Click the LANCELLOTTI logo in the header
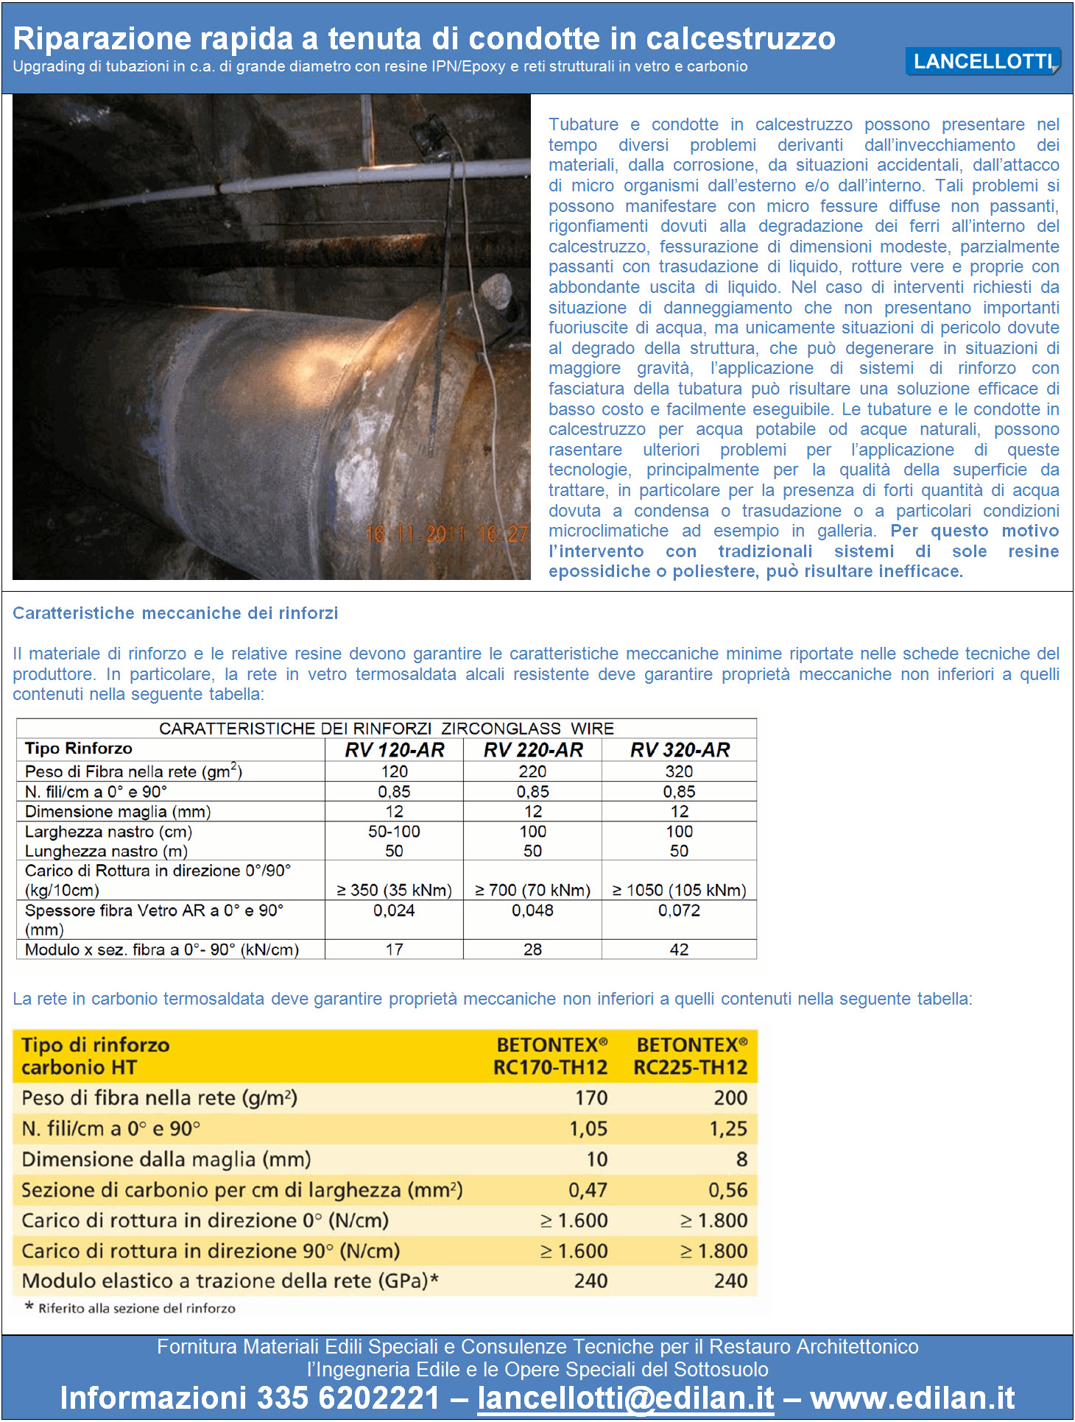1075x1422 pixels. [982, 62]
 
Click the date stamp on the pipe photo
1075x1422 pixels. [446, 534]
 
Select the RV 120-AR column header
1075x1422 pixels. [394, 750]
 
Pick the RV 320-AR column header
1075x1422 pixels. [679, 750]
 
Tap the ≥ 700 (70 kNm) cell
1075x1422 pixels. [532, 890]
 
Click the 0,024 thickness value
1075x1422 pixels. [394, 910]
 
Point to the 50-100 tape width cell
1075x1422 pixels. [394, 832]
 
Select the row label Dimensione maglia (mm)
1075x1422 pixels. [118, 812]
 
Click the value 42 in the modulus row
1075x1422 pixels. [679, 949]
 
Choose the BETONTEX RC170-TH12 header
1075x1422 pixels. [550, 1056]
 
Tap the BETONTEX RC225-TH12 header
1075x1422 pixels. [691, 1056]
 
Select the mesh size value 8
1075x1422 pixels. [741, 1159]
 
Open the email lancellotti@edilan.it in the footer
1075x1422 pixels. [626, 1398]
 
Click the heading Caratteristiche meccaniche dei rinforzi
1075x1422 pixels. [175, 613]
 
